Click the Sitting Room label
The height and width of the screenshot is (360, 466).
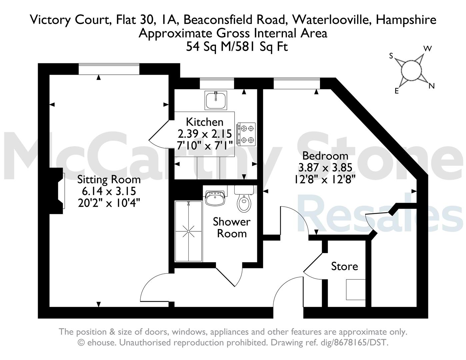(109, 180)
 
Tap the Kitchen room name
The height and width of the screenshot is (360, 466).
(205, 122)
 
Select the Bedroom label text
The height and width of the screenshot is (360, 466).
(325, 156)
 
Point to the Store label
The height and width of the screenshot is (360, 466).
(344, 266)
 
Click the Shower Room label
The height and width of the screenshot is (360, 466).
(232, 227)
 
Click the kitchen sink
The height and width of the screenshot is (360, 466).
(216, 100)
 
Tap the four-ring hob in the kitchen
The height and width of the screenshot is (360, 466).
(246, 134)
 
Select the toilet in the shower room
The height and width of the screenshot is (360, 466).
(244, 199)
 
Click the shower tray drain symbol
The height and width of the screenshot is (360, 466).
(189, 231)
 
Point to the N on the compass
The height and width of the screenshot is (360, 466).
(431, 86)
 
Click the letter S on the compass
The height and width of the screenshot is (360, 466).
(391, 56)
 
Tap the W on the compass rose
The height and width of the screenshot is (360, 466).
(427, 49)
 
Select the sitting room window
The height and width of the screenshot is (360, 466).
(109, 69)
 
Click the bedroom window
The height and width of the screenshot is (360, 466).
(297, 83)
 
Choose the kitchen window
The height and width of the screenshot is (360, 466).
(217, 83)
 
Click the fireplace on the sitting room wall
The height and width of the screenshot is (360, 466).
(57, 191)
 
